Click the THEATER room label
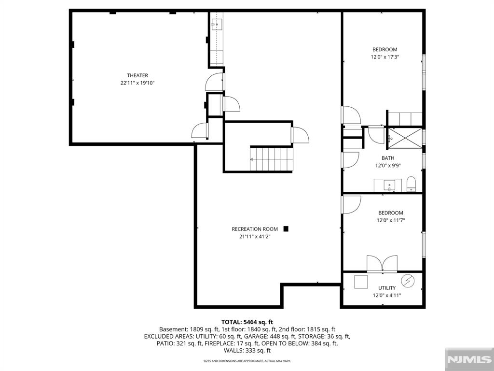[137, 75]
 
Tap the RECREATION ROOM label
[255, 229]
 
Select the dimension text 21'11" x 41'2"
[255, 237]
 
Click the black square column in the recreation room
[286, 229]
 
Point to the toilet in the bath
[411, 184]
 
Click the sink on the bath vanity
[390, 185]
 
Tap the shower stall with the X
[405, 138]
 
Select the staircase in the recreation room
[272, 158]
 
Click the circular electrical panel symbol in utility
[408, 281]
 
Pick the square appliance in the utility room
[361, 282]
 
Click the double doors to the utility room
[382, 263]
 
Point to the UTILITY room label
[387, 288]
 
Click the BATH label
[388, 158]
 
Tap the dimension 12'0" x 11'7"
[391, 220]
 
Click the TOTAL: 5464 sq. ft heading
[247, 322]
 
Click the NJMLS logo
[469, 359]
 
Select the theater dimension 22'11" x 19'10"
[137, 83]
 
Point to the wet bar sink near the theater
[217, 24]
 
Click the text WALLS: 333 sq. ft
[247, 351]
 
